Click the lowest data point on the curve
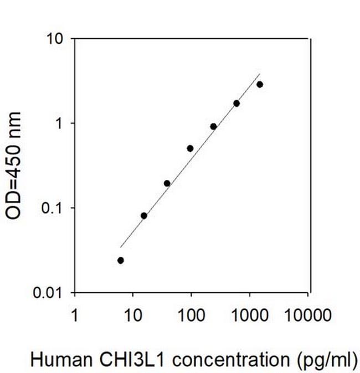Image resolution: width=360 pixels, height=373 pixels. (x=121, y=260)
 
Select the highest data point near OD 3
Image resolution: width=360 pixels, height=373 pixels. (x=260, y=84)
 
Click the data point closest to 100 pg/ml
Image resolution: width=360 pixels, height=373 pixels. (x=190, y=148)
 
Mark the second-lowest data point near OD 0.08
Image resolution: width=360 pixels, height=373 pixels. (x=144, y=215)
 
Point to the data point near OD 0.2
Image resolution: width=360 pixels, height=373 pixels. (x=167, y=183)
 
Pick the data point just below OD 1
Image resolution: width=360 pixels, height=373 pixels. (x=213, y=126)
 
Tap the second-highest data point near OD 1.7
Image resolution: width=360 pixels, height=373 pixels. (x=236, y=103)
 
